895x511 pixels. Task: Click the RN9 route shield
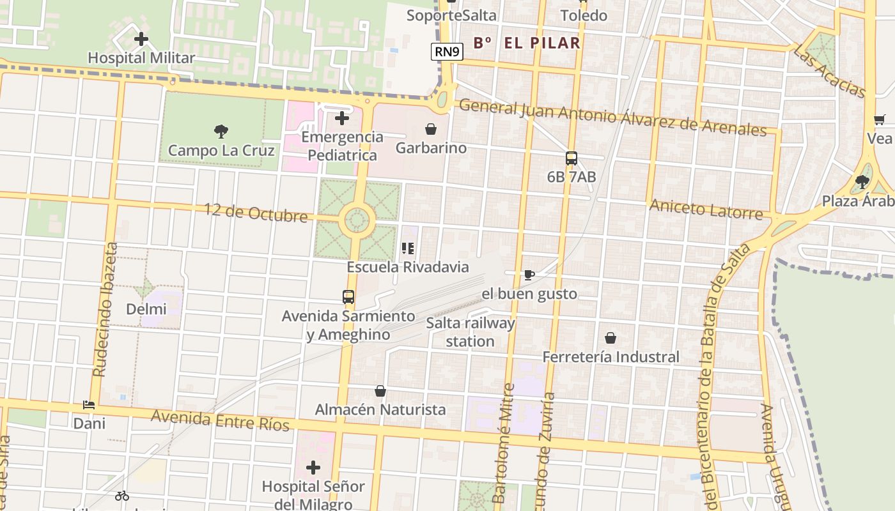click(x=447, y=52)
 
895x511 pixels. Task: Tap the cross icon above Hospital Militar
click(x=141, y=40)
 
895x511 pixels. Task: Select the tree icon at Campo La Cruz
click(x=221, y=132)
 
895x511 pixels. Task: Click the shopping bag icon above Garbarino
click(x=431, y=130)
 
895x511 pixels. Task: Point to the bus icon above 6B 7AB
click(x=571, y=158)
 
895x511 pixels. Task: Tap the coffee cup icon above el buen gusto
click(x=529, y=275)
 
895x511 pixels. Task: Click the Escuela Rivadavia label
click(x=407, y=267)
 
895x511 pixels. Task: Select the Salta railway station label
click(x=471, y=332)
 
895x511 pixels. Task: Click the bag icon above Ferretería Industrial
click(x=611, y=338)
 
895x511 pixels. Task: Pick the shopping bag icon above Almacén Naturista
click(x=380, y=391)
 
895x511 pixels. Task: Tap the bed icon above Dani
click(x=89, y=405)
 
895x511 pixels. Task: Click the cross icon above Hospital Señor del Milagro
click(x=313, y=468)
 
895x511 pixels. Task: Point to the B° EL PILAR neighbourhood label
click(x=527, y=43)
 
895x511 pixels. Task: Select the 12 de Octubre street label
click(x=256, y=212)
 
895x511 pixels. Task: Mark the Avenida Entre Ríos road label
click(x=220, y=420)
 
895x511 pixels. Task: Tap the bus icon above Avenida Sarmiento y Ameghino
click(x=348, y=297)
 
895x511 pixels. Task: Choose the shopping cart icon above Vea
click(x=879, y=119)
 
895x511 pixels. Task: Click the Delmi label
click(x=146, y=309)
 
